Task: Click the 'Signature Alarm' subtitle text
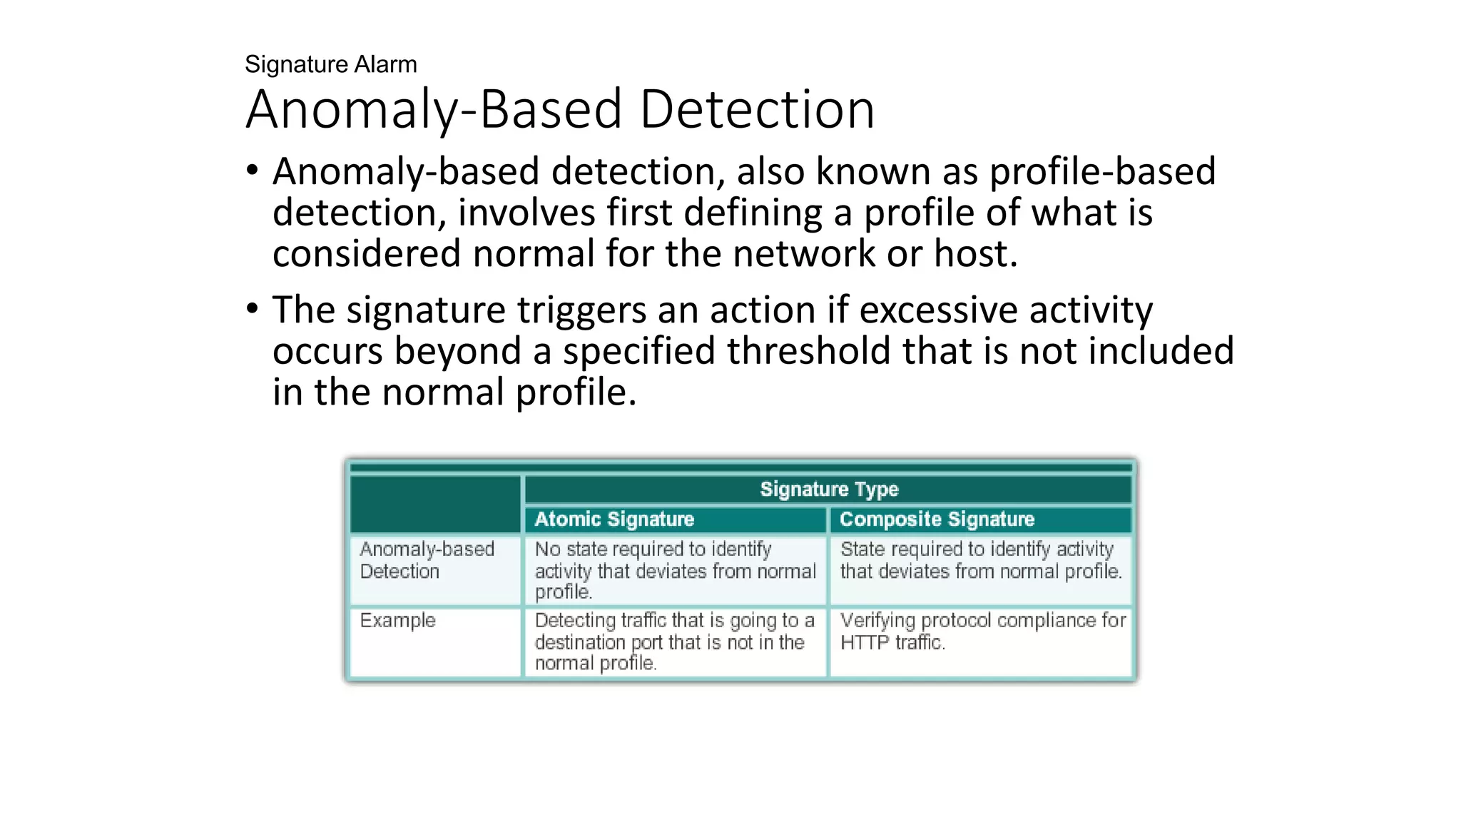tap(330, 65)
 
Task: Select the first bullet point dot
tap(251, 171)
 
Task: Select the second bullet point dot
tap(251, 309)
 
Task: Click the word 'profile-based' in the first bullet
tap(1102, 172)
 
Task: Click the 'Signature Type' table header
tap(829, 489)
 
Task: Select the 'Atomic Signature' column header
tap(614, 519)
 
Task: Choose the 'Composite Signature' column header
tap(937, 519)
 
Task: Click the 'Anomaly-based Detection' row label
tap(427, 560)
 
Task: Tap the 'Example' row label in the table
tap(397, 621)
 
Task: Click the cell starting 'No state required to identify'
tap(674, 570)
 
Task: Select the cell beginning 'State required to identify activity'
tap(980, 560)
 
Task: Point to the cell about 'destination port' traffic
tap(674, 641)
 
